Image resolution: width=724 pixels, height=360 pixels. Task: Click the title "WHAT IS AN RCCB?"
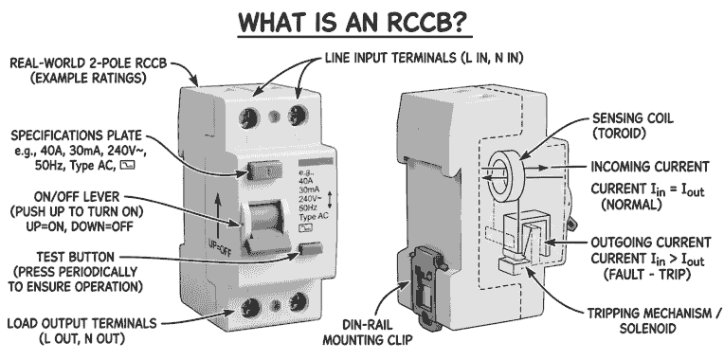(x=363, y=22)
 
